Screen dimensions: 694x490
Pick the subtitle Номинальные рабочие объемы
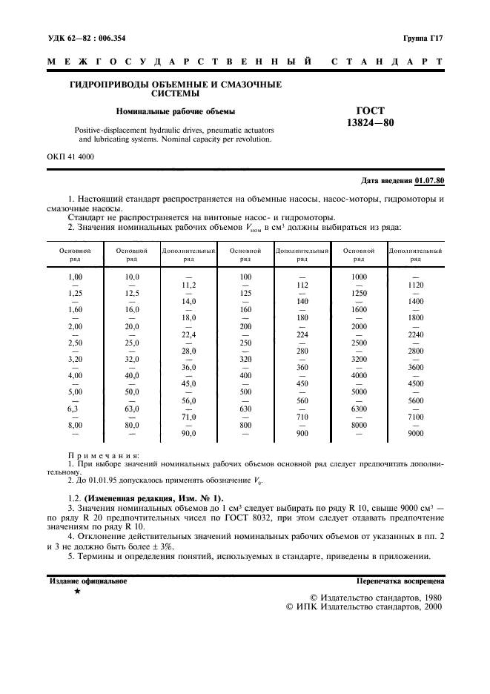pos(175,112)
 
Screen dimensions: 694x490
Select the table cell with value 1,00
pos(75,277)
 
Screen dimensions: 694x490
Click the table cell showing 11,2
pos(188,285)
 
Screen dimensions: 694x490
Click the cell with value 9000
pos(416,433)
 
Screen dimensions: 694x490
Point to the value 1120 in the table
pos(416,285)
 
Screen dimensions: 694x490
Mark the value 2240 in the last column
pos(416,334)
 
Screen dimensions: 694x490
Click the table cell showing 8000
pos(359,425)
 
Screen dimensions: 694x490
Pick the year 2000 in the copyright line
pos(428,606)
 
